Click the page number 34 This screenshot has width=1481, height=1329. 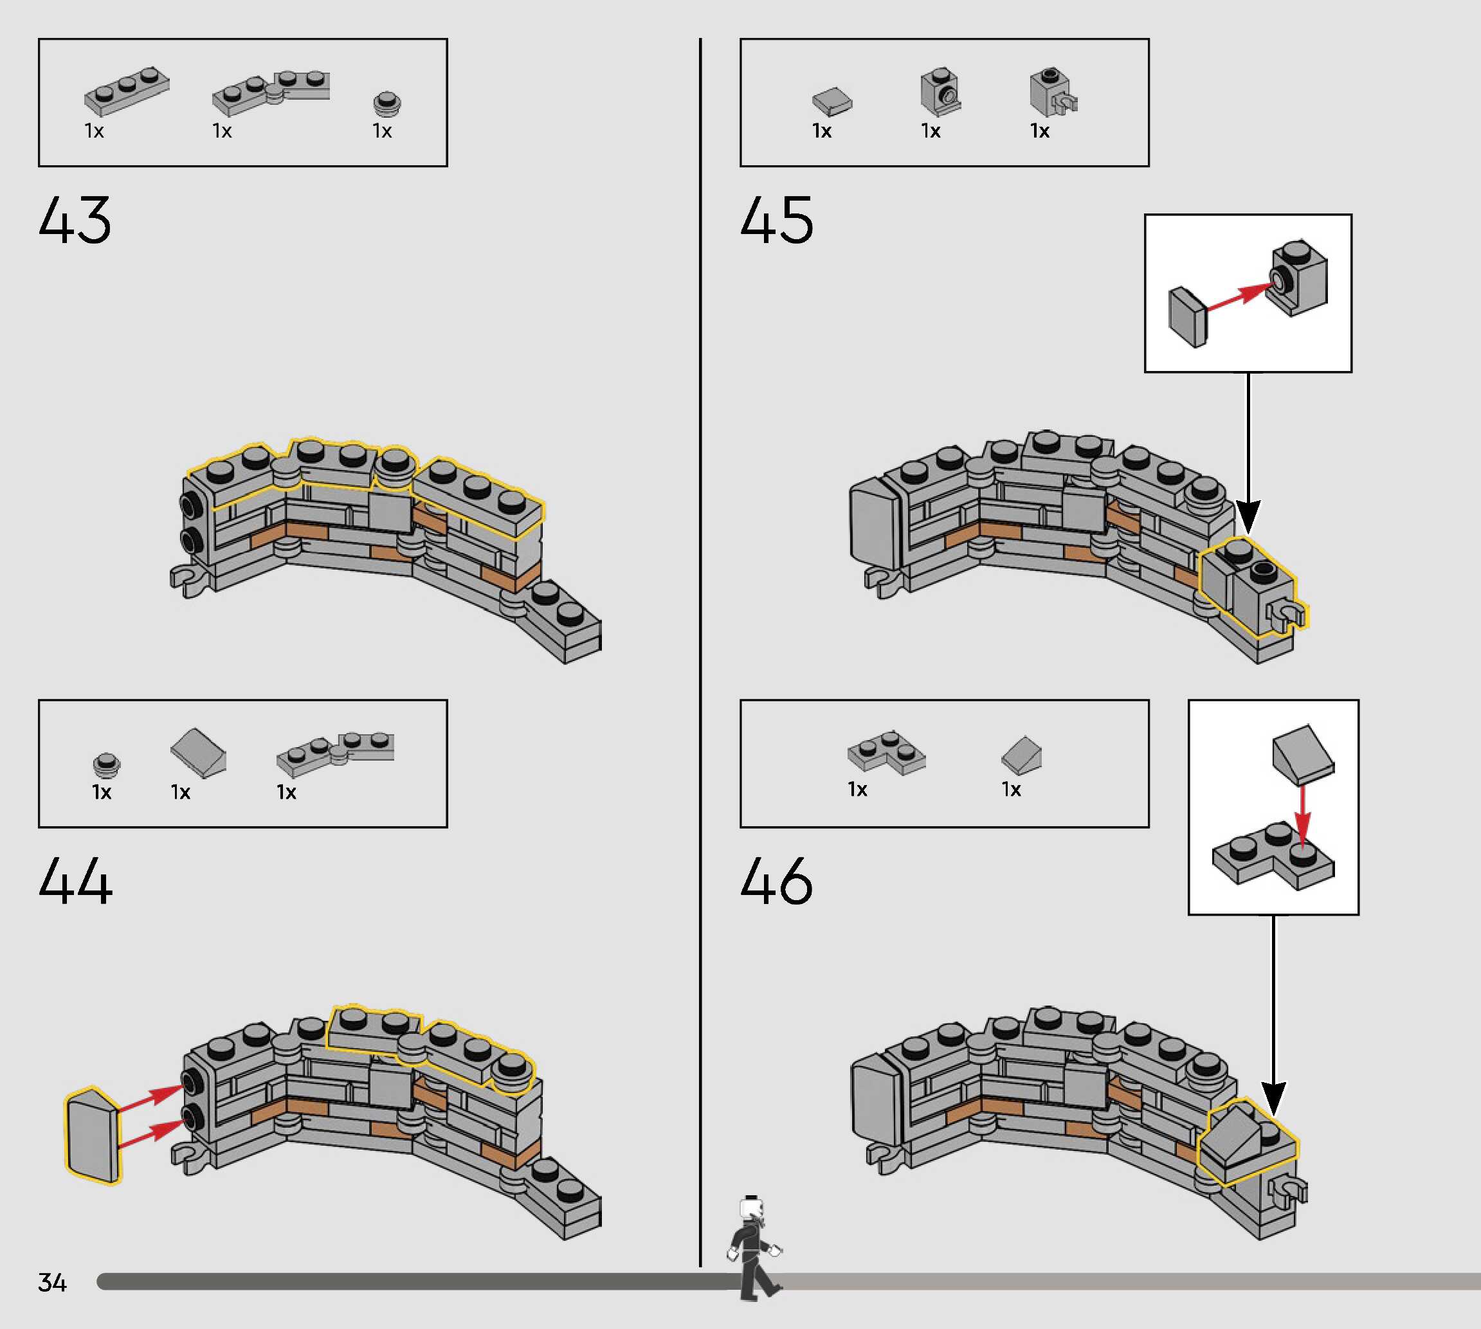click(52, 1282)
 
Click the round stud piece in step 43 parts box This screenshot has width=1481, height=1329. click(386, 103)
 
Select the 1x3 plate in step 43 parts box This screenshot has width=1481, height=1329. click(126, 91)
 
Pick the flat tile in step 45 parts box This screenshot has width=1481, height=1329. click(831, 102)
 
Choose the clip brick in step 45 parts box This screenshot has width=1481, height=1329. click(1052, 93)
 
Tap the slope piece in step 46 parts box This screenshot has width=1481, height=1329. click(1022, 755)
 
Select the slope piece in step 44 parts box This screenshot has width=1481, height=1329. click(199, 753)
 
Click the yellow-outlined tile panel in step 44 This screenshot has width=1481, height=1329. click(93, 1135)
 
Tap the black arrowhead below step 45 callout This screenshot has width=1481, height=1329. click(1248, 516)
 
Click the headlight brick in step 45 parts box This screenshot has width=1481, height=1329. click(941, 92)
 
